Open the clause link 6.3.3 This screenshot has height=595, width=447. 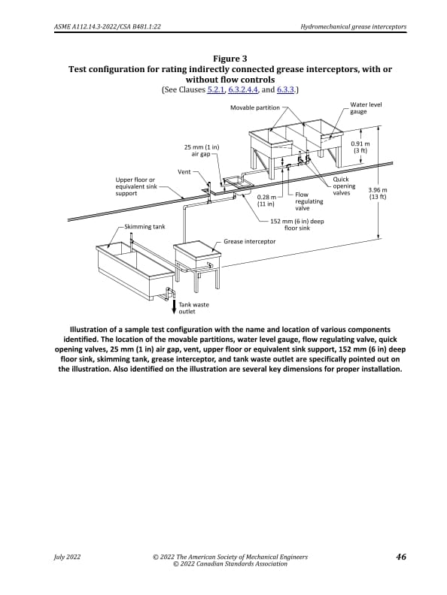click(x=285, y=89)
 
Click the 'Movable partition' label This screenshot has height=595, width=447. click(x=254, y=108)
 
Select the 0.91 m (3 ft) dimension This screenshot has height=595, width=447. click(x=360, y=146)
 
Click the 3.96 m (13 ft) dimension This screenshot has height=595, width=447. click(x=377, y=194)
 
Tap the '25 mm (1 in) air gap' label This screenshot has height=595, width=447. click(x=201, y=150)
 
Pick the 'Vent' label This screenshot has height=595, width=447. click(x=184, y=172)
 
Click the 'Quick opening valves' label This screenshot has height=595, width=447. click(x=344, y=186)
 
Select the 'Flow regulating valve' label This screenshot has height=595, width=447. click(x=309, y=201)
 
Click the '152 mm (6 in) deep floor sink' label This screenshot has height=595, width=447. click(x=296, y=225)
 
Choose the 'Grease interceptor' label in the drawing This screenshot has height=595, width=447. click(x=249, y=241)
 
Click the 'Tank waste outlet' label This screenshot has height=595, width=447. click(x=193, y=307)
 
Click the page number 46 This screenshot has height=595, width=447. click(x=400, y=557)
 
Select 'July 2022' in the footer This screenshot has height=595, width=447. click(x=67, y=557)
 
